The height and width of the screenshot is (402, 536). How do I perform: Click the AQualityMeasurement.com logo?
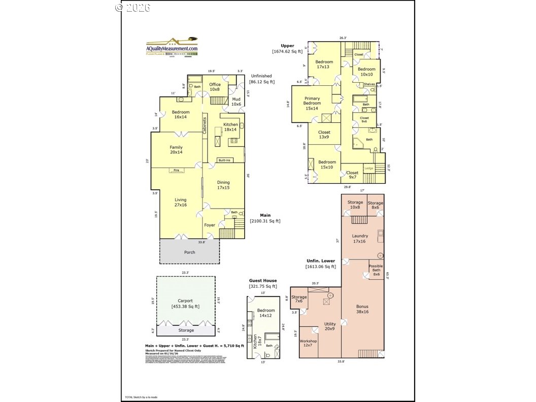pos(172,47)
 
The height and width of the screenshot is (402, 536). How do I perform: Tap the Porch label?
pos(189,252)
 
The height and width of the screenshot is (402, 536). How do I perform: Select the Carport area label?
pos(185,304)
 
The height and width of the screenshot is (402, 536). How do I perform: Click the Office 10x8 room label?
pos(215,87)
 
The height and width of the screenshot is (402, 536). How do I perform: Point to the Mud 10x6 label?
pos(236,102)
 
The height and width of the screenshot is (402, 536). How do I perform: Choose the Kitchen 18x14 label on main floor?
pos(230,127)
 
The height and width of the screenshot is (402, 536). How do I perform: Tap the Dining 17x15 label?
pos(223,185)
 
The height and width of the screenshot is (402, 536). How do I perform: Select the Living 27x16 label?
pos(181,203)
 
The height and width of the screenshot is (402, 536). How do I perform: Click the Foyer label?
pos(210,225)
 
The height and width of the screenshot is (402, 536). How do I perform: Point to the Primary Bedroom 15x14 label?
pos(312,103)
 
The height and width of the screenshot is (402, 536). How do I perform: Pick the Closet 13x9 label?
pos(324,135)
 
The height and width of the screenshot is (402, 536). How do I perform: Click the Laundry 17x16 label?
pos(360,239)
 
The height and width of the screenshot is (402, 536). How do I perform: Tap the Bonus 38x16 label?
pos(362,309)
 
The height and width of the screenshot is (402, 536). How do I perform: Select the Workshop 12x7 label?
pos(308,344)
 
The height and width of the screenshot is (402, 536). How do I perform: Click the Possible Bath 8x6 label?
pos(376,270)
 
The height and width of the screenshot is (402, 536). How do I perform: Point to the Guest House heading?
pos(262,281)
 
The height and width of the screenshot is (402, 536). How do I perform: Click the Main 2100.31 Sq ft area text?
pos(265,218)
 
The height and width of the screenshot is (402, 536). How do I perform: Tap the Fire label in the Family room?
pos(176,170)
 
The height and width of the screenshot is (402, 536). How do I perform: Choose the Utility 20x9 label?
pos(330,326)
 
